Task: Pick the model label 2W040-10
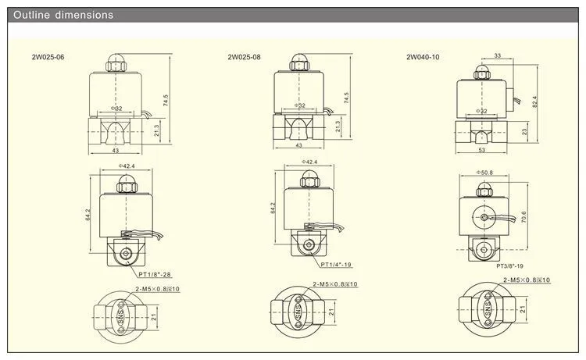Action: click(x=423, y=56)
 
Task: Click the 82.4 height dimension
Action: click(x=536, y=102)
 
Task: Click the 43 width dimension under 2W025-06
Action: click(x=115, y=150)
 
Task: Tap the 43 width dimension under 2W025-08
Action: click(x=298, y=145)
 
